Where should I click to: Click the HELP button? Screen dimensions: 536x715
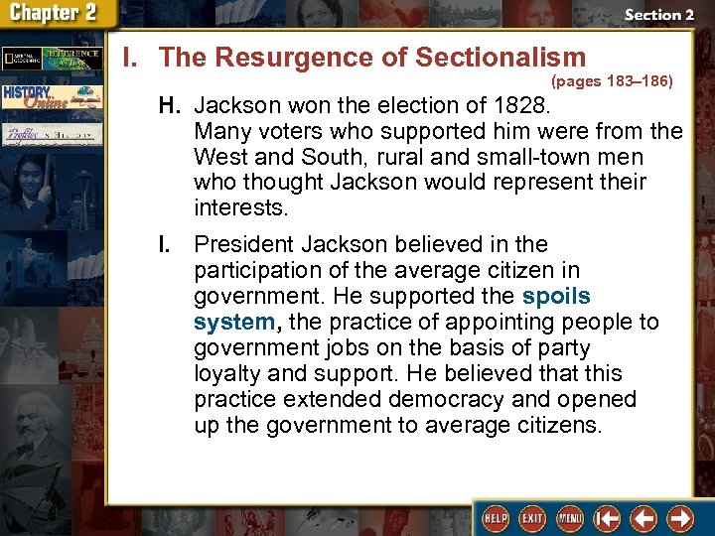496,518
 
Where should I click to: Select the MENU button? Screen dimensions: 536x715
569,518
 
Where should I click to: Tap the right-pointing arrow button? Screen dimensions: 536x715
680,518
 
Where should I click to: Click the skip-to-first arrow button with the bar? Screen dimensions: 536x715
607,518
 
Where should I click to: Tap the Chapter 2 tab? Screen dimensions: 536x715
57,14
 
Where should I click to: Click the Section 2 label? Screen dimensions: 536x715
658,15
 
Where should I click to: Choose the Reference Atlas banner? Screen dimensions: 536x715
74,59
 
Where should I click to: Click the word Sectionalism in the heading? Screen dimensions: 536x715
500,58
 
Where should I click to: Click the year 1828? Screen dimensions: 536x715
532,105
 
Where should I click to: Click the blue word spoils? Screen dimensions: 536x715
556,296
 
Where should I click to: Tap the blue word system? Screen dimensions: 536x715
233,322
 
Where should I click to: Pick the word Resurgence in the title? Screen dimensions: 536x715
283,58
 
